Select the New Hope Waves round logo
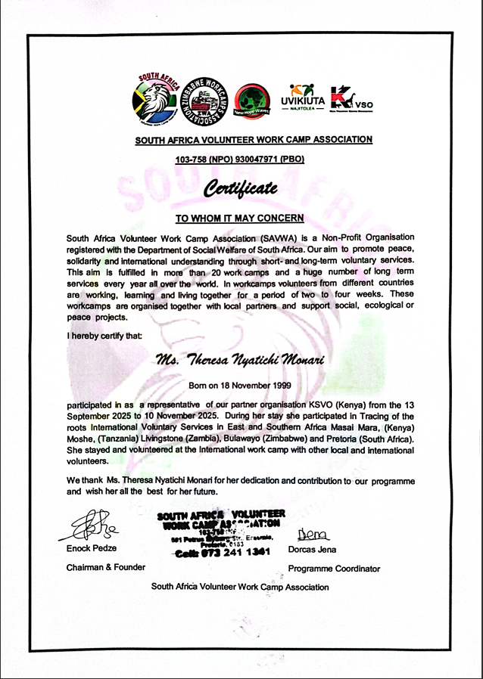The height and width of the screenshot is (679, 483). (x=253, y=101)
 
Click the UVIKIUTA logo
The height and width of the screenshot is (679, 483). (x=307, y=98)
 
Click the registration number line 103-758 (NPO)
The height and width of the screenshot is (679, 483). (x=239, y=160)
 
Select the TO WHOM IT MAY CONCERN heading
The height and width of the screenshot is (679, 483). (x=239, y=218)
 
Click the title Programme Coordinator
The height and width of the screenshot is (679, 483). (x=334, y=569)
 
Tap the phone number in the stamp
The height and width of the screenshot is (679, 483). (x=221, y=553)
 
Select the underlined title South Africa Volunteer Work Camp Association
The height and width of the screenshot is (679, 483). (x=254, y=139)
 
